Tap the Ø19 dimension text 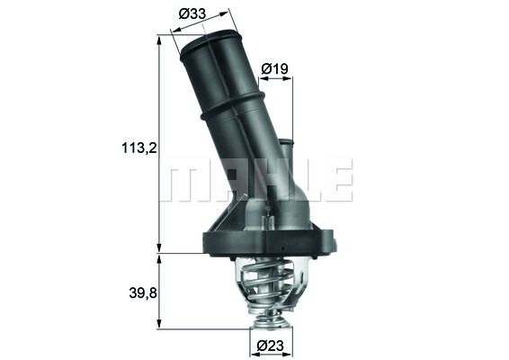274,67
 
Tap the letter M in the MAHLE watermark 183,181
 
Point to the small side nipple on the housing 286,148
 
